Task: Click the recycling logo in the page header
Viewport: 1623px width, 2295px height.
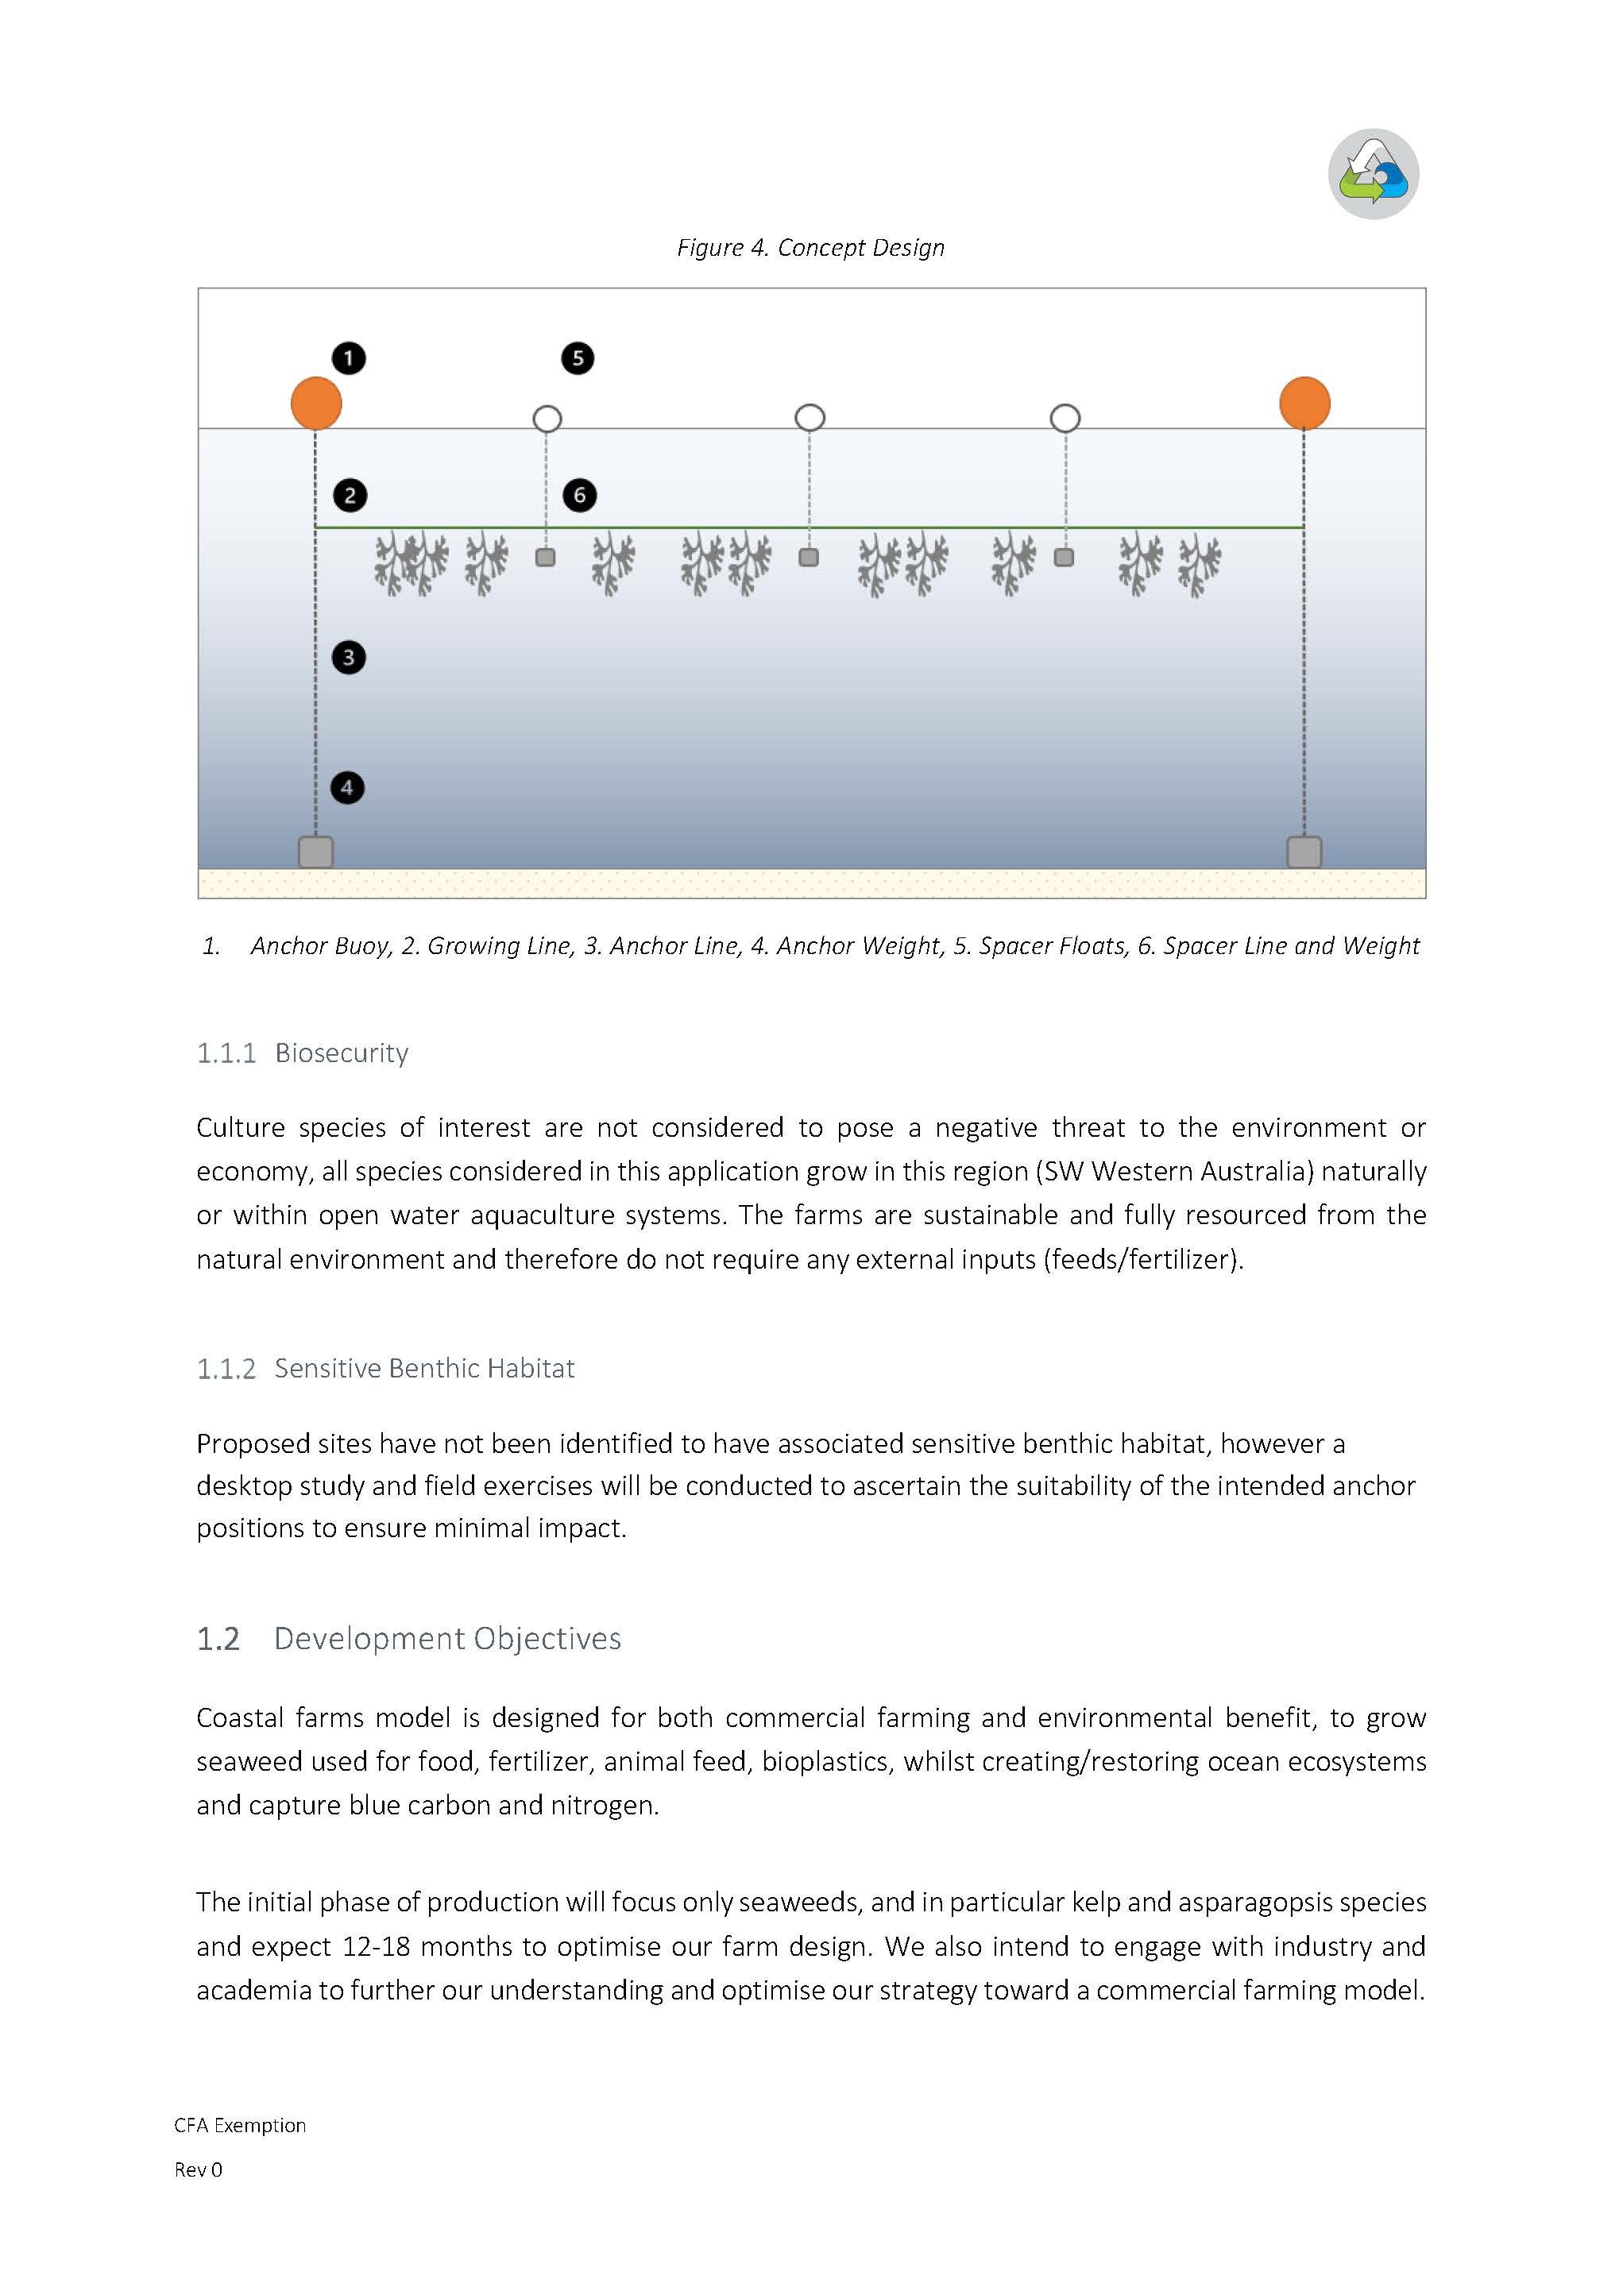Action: [1373, 174]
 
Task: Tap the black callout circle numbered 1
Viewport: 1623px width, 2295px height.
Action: [348, 357]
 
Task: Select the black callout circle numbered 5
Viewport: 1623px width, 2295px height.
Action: [578, 357]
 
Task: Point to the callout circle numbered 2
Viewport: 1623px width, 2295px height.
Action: [349, 496]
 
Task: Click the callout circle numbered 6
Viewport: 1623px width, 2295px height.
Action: [580, 495]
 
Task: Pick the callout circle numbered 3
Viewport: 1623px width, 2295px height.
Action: [348, 658]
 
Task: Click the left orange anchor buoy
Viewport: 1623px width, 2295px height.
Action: [316, 403]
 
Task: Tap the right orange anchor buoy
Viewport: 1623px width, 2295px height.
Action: [1304, 403]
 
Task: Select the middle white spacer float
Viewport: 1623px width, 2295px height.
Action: [810, 417]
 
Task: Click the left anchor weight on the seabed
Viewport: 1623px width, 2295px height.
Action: [316, 852]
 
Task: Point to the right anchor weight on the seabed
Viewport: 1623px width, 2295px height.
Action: [1303, 852]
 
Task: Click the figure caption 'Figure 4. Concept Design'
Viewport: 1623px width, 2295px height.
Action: [810, 248]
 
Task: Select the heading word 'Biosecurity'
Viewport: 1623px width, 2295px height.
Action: [341, 1053]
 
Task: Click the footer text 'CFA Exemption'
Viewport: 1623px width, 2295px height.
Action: [240, 2125]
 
